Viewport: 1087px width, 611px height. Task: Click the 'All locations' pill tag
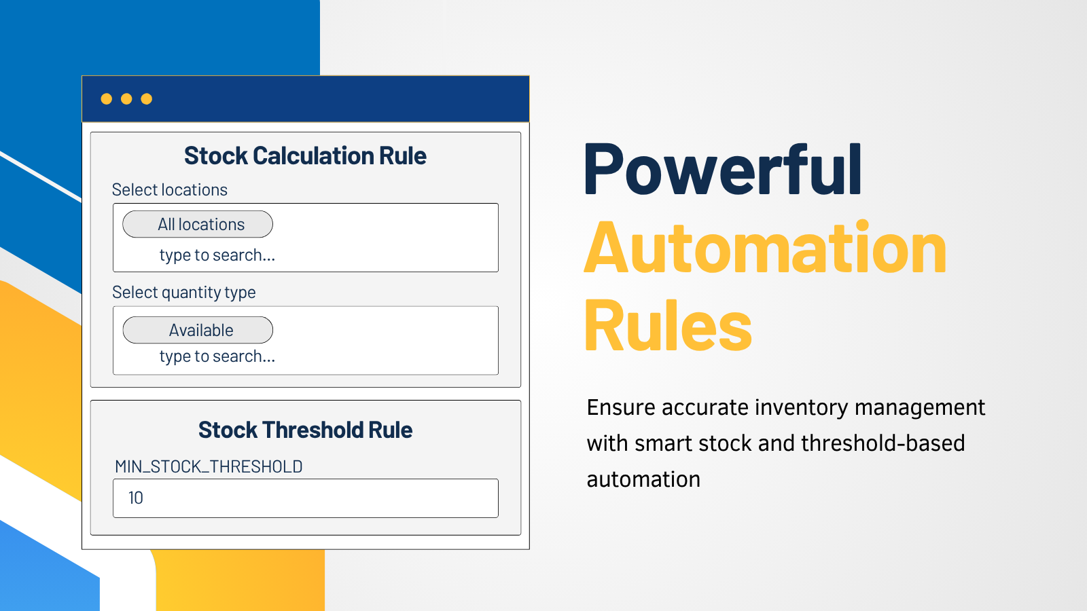(198, 224)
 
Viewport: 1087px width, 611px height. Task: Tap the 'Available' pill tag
(198, 330)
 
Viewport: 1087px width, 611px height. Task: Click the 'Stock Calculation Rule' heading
(305, 156)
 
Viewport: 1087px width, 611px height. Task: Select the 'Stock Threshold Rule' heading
(305, 430)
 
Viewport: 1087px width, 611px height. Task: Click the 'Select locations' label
(169, 189)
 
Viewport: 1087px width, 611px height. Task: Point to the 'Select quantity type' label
(184, 293)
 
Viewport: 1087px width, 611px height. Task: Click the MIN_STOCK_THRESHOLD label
(209, 466)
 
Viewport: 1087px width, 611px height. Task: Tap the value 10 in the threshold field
(135, 498)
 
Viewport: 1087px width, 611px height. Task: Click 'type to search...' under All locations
(217, 255)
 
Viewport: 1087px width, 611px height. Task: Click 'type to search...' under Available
(217, 356)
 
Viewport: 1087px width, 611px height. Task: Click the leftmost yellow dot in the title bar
(106, 99)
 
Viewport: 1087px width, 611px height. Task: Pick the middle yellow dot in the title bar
(126, 99)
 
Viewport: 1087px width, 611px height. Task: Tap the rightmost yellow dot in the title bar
(147, 99)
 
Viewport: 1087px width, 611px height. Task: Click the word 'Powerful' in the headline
(723, 170)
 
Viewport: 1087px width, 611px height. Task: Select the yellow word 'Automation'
(765, 247)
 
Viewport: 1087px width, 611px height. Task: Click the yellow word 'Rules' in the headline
(669, 325)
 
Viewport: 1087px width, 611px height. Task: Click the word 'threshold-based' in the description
(883, 443)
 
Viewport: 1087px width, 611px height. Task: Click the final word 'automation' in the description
(643, 479)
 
